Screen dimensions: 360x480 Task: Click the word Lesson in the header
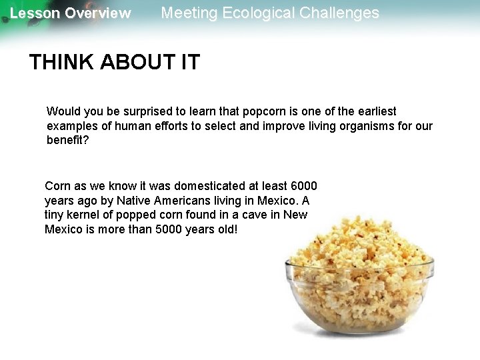click(x=35, y=13)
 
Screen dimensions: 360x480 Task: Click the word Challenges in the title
click(x=343, y=13)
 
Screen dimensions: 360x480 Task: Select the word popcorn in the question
click(x=265, y=111)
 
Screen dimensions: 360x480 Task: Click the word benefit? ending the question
click(x=67, y=141)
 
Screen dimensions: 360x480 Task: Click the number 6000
click(x=303, y=186)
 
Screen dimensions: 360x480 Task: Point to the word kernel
click(x=88, y=215)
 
